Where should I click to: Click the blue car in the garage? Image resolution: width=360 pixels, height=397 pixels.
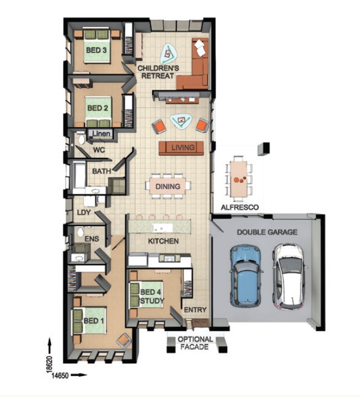[245, 275]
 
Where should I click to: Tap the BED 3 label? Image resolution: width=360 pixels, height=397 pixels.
[96, 50]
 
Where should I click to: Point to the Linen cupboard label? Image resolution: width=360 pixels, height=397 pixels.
[101, 134]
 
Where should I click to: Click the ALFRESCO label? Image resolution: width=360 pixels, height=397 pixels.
[240, 207]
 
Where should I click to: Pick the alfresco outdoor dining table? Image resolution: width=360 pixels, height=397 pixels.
[239, 179]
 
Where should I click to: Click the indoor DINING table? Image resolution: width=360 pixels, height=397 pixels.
[168, 186]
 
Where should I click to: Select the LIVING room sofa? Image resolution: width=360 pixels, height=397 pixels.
[181, 148]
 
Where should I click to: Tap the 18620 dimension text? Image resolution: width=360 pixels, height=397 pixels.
[49, 364]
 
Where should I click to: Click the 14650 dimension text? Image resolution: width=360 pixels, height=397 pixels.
[60, 376]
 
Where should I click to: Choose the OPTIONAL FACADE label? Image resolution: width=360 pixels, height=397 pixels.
[195, 343]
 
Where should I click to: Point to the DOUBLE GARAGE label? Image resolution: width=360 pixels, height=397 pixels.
[267, 232]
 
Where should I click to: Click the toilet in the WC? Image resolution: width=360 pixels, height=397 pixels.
[81, 138]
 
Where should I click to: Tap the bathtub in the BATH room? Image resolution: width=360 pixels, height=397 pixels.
[79, 175]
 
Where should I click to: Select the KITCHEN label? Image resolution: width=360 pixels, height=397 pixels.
[163, 241]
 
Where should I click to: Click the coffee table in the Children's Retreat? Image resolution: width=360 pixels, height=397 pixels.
[168, 54]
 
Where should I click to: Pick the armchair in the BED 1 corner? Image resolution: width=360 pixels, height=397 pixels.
[124, 341]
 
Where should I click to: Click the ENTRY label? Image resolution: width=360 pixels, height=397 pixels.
[195, 309]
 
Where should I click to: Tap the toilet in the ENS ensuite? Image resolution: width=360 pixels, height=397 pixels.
[80, 232]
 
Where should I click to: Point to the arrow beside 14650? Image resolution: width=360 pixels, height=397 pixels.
[79, 375]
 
